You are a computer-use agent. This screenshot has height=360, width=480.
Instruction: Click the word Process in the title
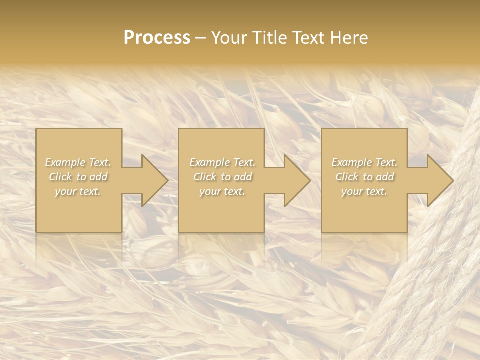[157, 38]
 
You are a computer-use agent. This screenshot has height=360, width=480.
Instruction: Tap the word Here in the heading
[348, 38]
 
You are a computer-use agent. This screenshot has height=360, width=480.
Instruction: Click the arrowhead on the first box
[152, 180]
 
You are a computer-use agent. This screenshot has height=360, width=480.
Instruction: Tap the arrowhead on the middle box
[295, 180]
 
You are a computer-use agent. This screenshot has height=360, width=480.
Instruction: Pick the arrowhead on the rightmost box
[437, 180]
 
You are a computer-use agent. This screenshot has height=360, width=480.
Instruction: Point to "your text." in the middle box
[222, 191]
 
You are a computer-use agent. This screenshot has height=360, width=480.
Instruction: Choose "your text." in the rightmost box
[364, 191]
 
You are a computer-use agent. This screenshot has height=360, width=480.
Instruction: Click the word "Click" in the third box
[347, 177]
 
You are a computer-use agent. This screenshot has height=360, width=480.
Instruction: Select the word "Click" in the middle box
[205, 177]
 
